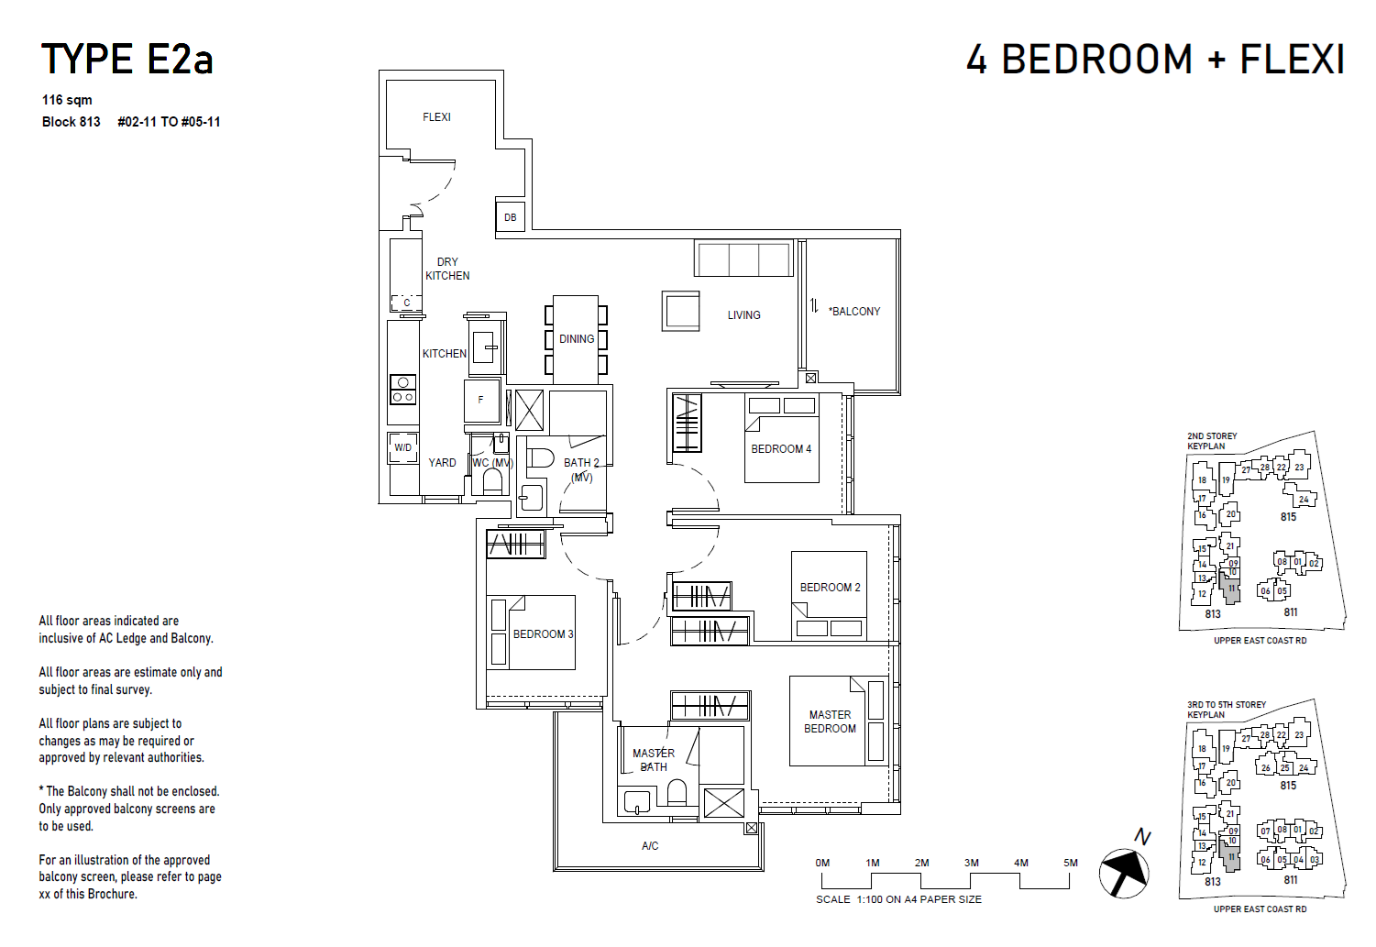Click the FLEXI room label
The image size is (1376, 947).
click(x=436, y=117)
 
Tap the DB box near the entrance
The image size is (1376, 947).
click(x=511, y=217)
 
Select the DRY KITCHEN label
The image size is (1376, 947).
click(x=447, y=269)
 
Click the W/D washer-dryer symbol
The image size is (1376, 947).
click(x=403, y=447)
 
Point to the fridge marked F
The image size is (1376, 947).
click(x=481, y=401)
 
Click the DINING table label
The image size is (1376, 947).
click(x=577, y=339)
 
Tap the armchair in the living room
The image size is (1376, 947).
click(x=681, y=311)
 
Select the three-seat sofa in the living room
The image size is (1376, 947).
click(x=743, y=259)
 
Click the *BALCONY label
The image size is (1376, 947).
click(x=854, y=312)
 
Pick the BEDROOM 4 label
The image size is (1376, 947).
click(x=781, y=449)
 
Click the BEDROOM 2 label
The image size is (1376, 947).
click(x=830, y=588)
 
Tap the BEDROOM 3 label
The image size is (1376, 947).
click(x=543, y=634)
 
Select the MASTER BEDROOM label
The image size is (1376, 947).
click(x=830, y=721)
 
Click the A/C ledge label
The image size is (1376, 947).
click(x=650, y=846)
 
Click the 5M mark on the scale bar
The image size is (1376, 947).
click(x=1070, y=863)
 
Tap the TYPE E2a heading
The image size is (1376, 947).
click(x=127, y=60)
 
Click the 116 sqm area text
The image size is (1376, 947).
click(x=67, y=100)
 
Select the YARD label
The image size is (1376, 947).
click(x=442, y=463)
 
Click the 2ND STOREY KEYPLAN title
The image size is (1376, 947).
click(x=1212, y=441)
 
